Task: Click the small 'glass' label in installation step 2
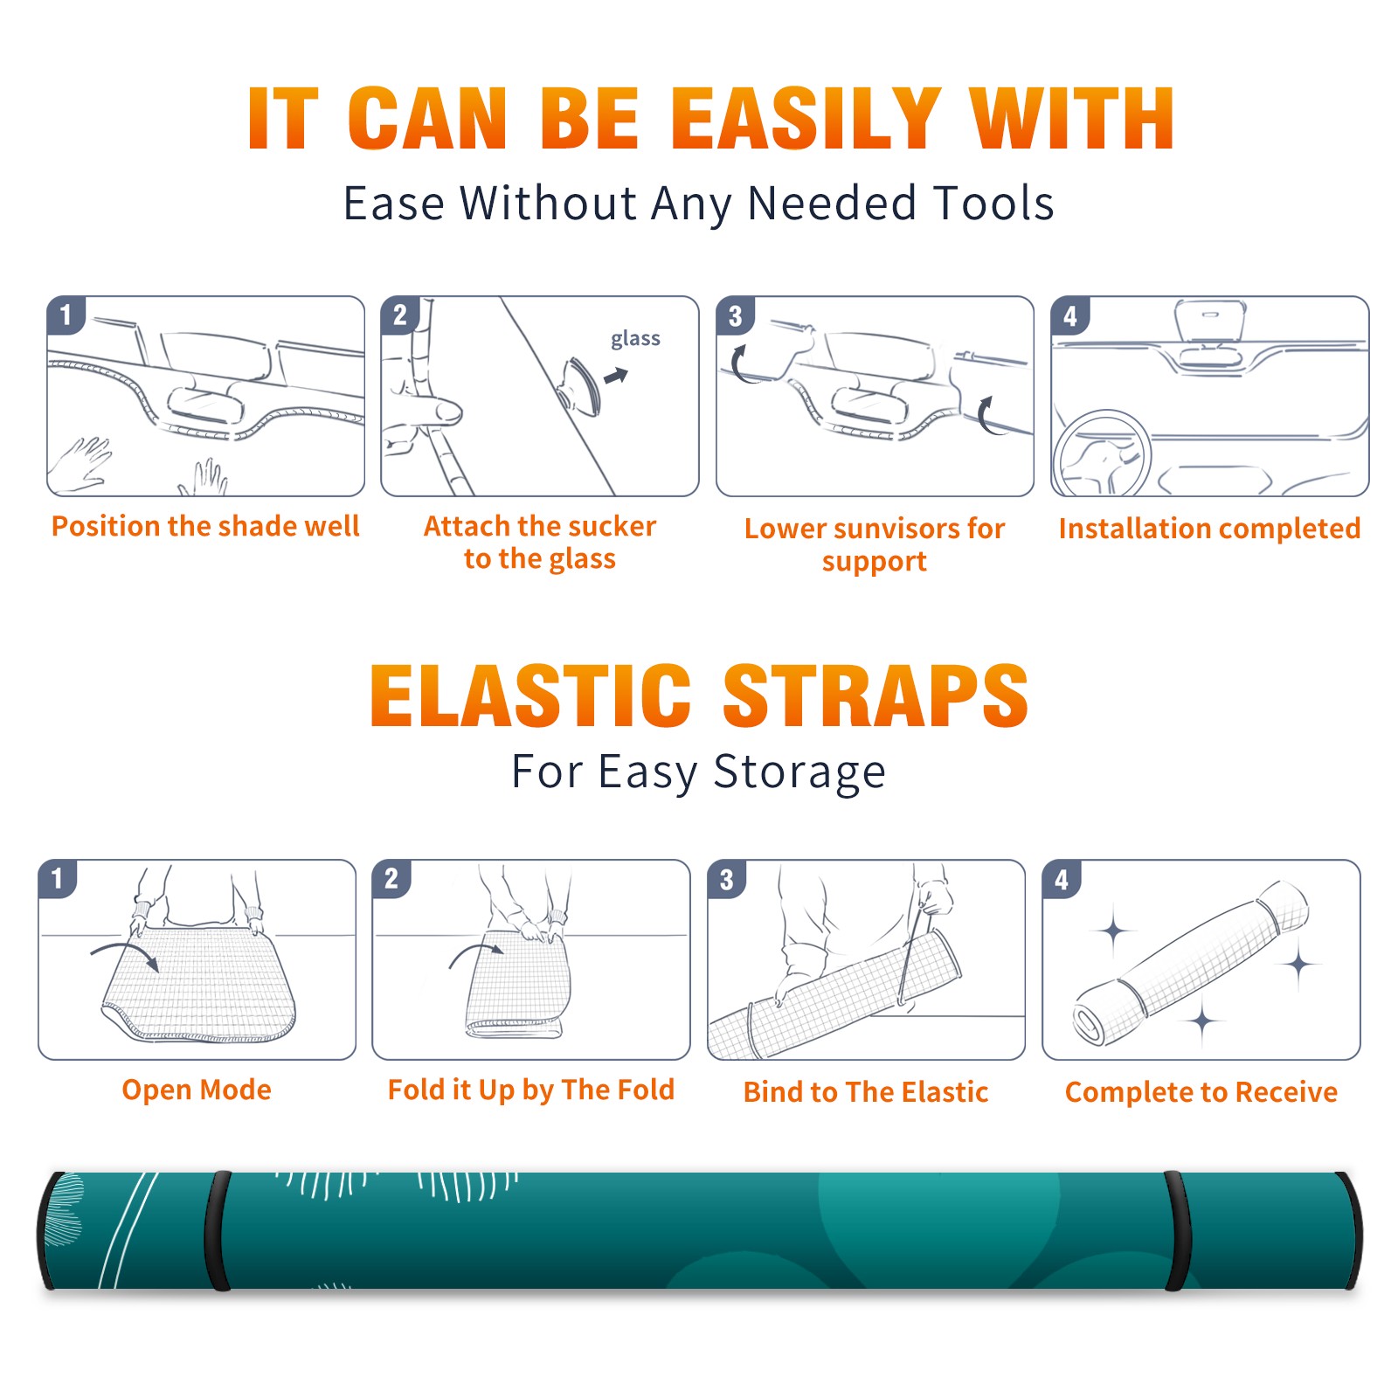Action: click(x=635, y=339)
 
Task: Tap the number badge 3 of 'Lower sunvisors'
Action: click(x=735, y=315)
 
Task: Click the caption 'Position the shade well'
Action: click(x=205, y=526)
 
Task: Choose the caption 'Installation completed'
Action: click(x=1209, y=528)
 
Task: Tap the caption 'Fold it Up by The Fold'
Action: click(x=531, y=1090)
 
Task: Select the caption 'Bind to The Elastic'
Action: click(x=866, y=1091)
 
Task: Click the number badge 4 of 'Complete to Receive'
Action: click(x=1062, y=879)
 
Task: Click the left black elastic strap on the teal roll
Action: click(x=217, y=1230)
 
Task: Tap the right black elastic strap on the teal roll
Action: click(x=1177, y=1230)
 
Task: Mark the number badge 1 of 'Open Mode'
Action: click(x=57, y=879)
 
